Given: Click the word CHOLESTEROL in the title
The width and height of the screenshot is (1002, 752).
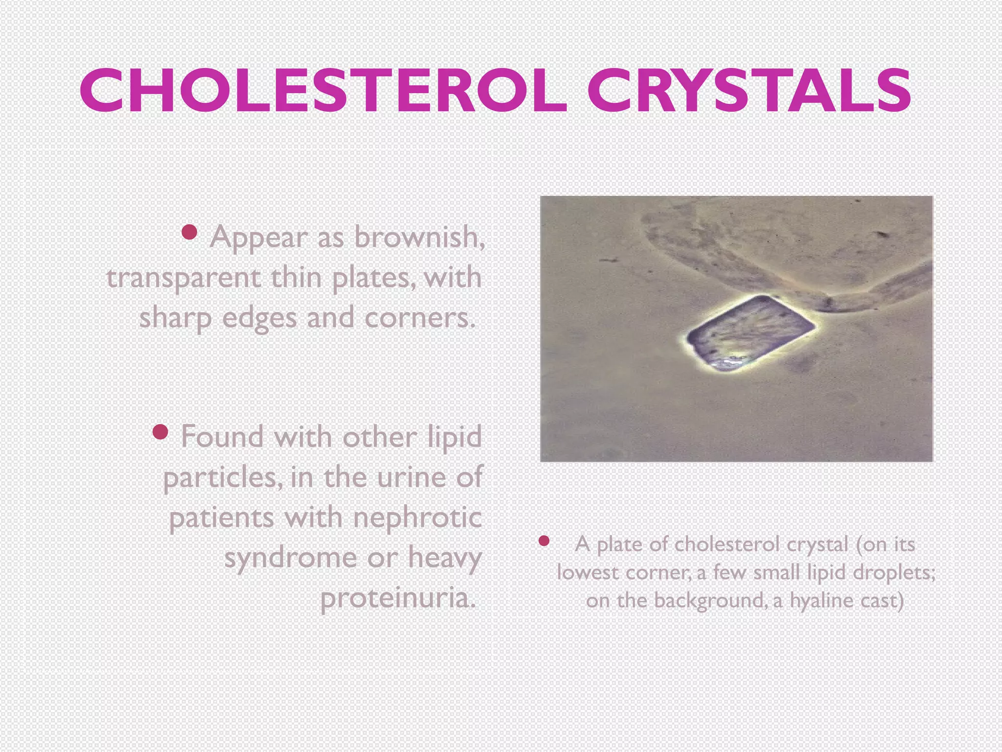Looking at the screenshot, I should pos(323,92).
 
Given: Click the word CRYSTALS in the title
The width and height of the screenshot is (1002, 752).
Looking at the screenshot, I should pos(749,92).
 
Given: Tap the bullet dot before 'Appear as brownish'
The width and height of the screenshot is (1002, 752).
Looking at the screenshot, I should pos(189,232).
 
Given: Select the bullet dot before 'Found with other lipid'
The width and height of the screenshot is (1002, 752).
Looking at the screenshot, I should pos(160,431).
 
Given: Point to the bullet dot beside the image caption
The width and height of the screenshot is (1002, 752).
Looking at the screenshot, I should pos(544,540).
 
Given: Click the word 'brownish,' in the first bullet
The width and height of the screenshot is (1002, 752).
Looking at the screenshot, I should pos(419,237).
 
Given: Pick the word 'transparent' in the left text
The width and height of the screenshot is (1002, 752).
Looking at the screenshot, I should pos(183,278).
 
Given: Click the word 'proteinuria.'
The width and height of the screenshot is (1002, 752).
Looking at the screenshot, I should pos(398,598).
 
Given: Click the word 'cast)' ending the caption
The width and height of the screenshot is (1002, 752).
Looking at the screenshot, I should pos(882,601).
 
